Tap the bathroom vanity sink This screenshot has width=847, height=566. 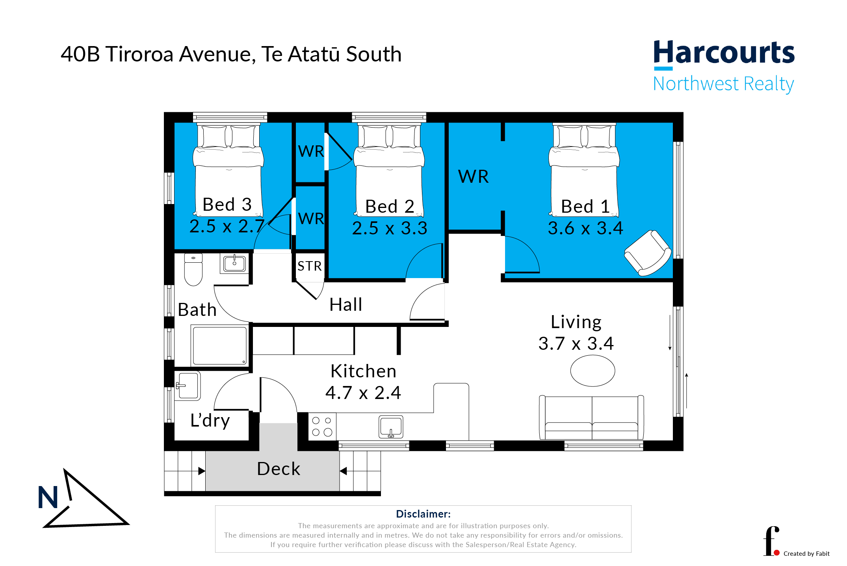point(234,263)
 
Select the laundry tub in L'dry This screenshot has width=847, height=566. point(188,386)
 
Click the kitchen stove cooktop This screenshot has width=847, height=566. point(322,426)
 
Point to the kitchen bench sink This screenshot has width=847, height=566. point(391,427)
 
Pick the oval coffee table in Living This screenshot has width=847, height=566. point(593,371)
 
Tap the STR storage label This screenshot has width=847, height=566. point(310,266)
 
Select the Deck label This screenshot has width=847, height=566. point(279,469)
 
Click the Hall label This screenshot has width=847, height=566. point(346,304)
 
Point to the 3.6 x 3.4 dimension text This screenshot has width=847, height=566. point(585,228)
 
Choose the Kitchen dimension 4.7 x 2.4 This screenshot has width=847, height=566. point(363,393)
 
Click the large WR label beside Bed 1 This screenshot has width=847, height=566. point(473,176)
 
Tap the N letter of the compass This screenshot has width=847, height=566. point(48,497)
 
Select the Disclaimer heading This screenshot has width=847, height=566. point(423,514)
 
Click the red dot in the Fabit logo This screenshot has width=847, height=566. point(777,553)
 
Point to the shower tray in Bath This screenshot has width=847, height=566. point(219,345)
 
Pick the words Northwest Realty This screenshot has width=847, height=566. point(724,84)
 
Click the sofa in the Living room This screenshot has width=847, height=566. point(591,418)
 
